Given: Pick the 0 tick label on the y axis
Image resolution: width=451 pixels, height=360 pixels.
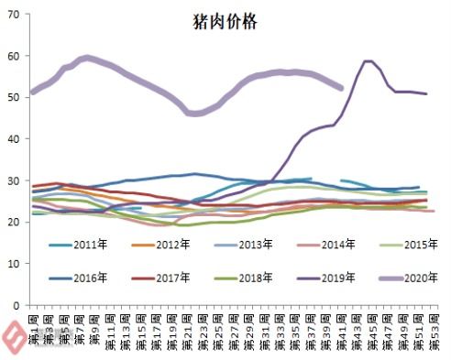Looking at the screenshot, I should tap(19, 304).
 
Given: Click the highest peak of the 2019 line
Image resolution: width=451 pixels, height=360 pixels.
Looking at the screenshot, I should tap(368, 61).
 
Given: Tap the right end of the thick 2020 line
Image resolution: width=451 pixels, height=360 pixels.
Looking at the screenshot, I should tap(341, 88).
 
